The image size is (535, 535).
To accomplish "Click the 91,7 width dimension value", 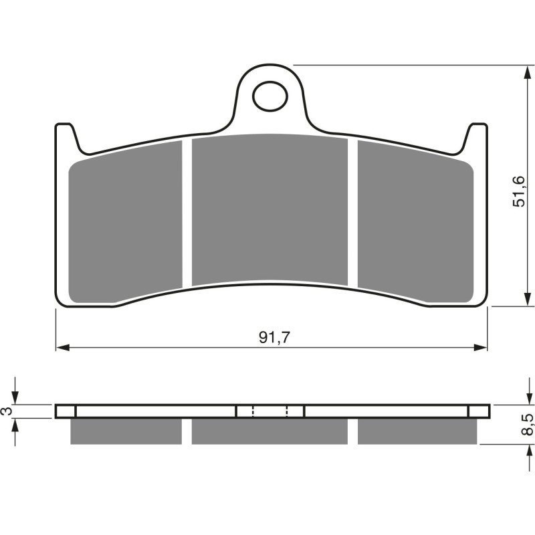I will coord(274,338).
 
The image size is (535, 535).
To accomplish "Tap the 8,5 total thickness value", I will coord(528,425).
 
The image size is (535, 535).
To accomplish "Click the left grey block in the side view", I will coord(126,431).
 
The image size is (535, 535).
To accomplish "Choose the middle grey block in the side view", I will coord(270,431).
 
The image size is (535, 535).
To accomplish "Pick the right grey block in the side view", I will coord(417,431).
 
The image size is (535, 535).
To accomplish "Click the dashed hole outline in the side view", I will coord(270,411).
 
